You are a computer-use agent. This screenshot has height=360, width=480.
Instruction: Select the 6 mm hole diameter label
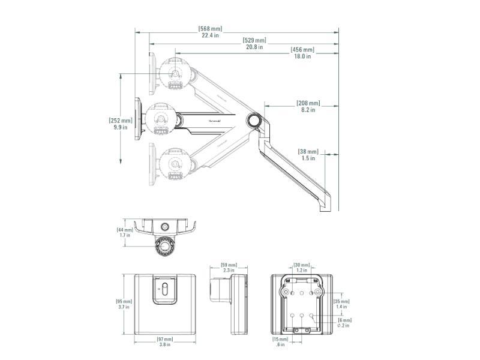click(344, 323)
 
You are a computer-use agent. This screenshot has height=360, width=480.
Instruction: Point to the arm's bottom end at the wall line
click(324, 203)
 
